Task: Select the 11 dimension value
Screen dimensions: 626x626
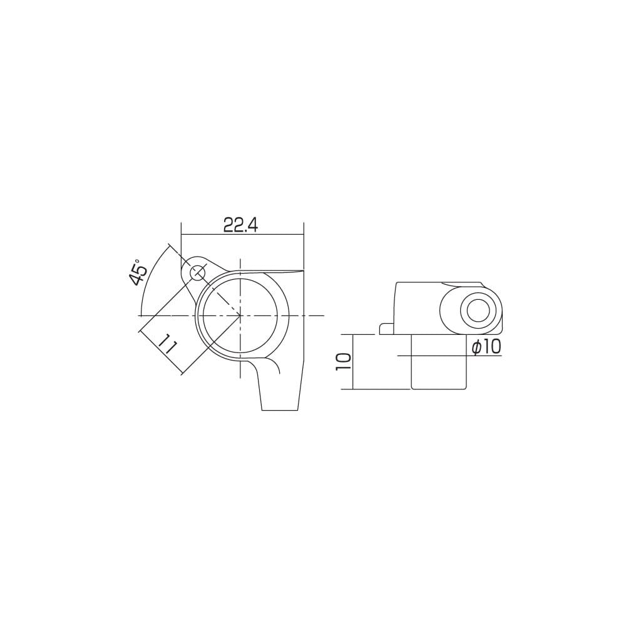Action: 167,343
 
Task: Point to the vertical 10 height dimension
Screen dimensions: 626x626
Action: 343,362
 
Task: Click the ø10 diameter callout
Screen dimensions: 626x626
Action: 486,347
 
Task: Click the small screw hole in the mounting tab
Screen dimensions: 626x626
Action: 197,274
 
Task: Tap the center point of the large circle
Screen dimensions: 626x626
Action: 240,316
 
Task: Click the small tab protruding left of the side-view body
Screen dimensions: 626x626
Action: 386,329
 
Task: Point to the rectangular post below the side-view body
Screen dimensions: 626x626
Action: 438,361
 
